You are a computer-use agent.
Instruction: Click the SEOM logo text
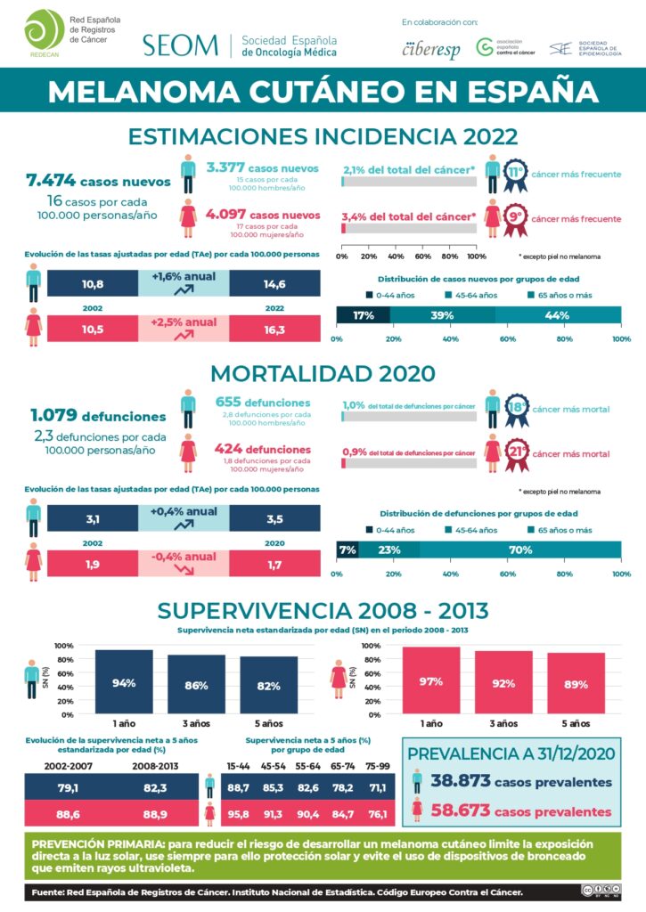pos(180,45)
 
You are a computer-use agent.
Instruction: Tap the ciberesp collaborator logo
pos(432,49)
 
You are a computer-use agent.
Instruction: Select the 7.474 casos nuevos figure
pos(98,181)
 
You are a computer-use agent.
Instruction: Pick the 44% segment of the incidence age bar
pos(558,315)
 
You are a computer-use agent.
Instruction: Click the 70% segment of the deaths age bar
pos(520,550)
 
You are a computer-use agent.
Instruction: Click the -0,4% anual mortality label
pos(184,558)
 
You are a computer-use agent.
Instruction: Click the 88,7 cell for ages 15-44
pos(239,787)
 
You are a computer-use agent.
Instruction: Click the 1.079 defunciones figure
pos(97,415)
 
